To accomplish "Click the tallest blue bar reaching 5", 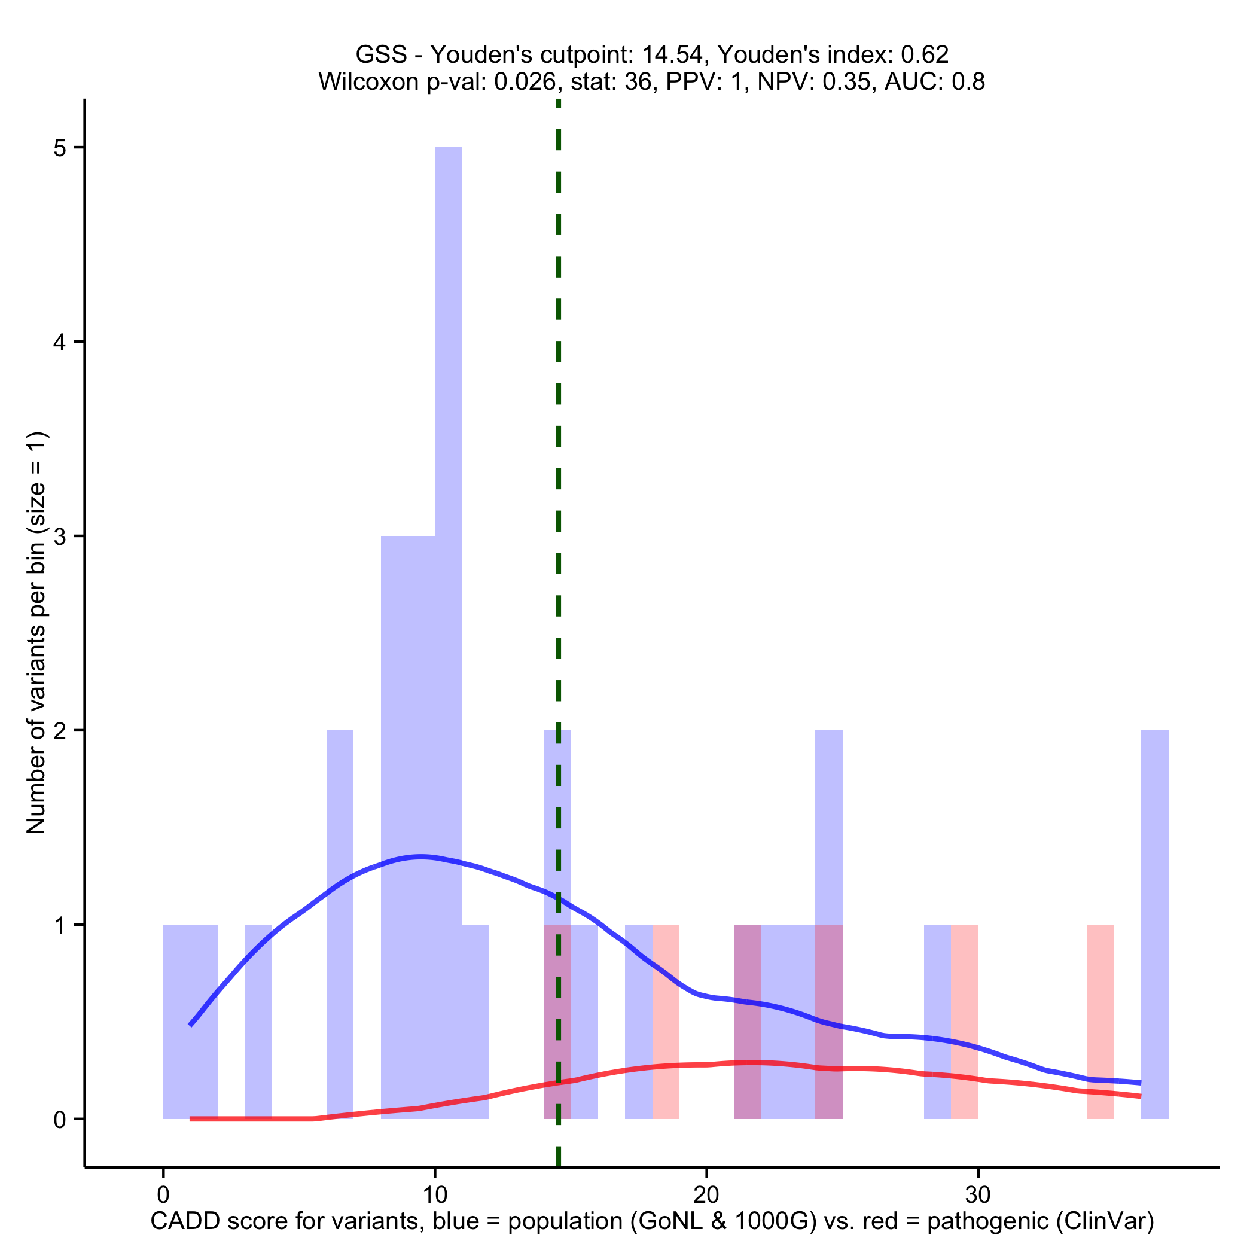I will (x=448, y=455).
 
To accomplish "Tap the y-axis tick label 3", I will (x=60, y=536).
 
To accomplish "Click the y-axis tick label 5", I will (x=60, y=148).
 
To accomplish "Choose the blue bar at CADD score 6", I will (x=340, y=910).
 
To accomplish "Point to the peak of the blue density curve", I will (x=421, y=856).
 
